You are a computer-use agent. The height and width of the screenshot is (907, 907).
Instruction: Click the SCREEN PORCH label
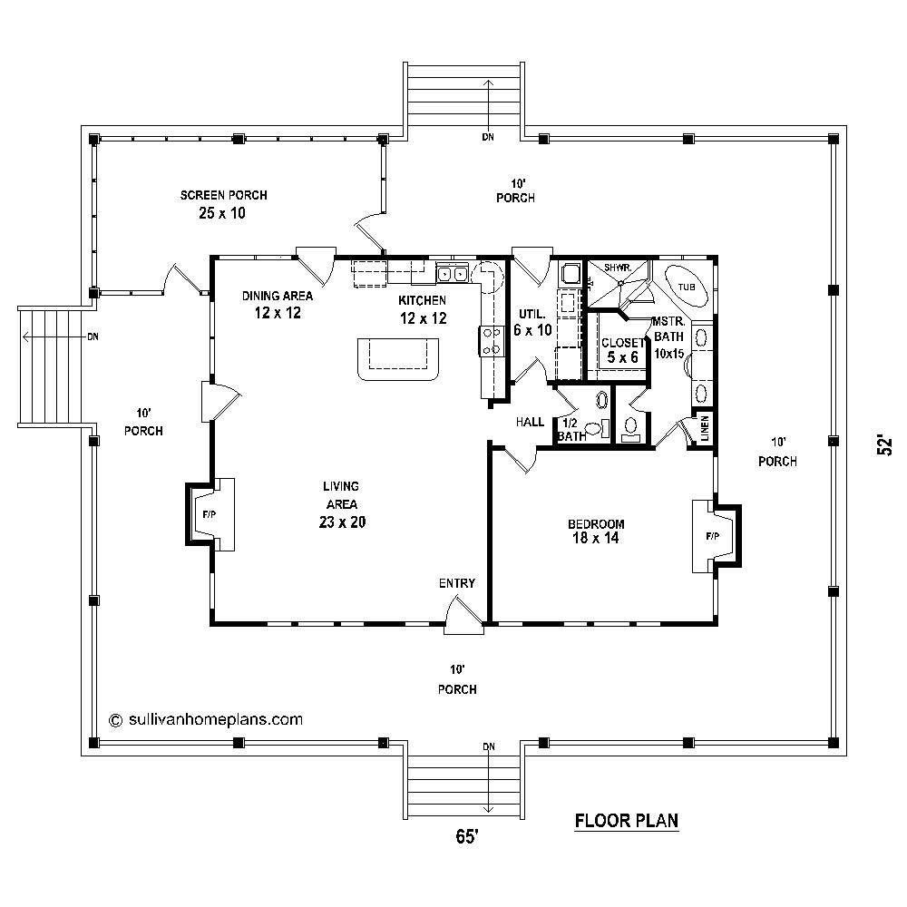coord(223,195)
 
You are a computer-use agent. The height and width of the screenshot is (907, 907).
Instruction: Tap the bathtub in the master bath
coord(686,288)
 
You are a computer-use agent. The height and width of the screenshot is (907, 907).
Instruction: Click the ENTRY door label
coord(456,583)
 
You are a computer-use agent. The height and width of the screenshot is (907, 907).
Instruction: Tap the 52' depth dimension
coord(884,445)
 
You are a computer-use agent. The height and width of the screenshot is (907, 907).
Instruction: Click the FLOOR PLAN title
coord(627,822)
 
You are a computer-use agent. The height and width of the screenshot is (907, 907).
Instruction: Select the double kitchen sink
coord(452,273)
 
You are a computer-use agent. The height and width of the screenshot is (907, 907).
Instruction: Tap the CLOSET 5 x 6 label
coord(621,349)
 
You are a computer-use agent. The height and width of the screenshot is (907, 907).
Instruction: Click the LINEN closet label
coord(704,430)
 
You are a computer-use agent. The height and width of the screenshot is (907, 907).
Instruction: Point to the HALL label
coord(530,422)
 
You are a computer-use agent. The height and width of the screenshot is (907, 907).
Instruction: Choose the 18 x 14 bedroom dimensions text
coord(596,538)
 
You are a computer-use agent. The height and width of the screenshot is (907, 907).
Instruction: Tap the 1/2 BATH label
coord(571,430)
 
